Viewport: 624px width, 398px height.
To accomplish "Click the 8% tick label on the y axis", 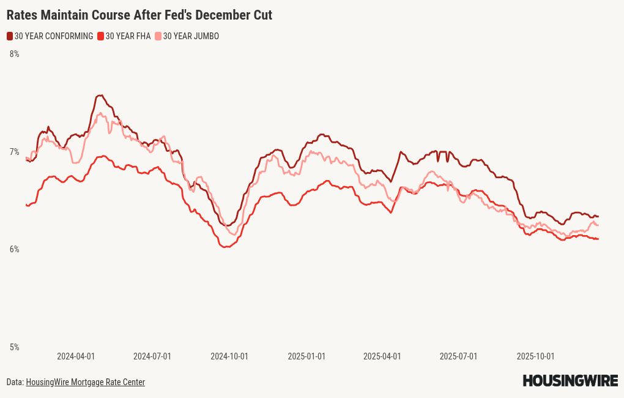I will tap(14, 54).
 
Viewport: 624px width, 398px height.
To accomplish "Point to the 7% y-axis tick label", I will tap(14, 152).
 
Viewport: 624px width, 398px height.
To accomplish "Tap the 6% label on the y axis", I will tap(14, 249).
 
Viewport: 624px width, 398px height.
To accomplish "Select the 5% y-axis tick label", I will tap(14, 347).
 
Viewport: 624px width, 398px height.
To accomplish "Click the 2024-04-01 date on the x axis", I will tap(76, 356).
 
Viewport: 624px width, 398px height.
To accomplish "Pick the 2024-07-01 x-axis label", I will tap(152, 356).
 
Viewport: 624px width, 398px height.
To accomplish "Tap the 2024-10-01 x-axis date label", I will tap(229, 356).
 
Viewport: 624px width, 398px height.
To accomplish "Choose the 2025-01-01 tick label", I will tap(306, 356).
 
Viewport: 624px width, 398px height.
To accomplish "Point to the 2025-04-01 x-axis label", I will tap(382, 356).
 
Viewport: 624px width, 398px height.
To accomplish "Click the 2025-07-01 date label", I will tap(458, 356).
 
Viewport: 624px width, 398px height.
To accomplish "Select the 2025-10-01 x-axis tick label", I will tap(535, 356).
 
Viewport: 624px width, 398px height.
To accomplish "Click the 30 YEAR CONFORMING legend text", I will tap(54, 36).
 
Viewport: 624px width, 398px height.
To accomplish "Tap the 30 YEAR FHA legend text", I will tap(128, 36).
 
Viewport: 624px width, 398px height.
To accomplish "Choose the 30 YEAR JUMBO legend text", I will tap(191, 36).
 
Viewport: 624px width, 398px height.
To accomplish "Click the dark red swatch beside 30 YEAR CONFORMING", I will tap(10, 36).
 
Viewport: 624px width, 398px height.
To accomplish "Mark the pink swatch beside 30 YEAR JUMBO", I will tap(158, 36).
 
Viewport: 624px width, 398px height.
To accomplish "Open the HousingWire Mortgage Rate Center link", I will tap(85, 382).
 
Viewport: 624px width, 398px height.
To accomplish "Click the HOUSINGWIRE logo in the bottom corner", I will tap(570, 381).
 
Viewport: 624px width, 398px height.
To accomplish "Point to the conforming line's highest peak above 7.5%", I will tap(100, 96).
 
